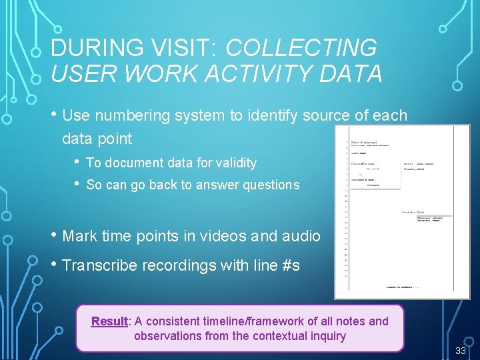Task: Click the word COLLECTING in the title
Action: [x=301, y=48]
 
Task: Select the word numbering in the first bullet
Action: [x=133, y=115]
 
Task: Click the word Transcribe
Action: [x=101, y=265]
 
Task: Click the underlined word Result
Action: [x=109, y=321]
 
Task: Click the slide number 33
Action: [x=460, y=351]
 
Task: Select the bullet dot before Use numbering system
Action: [x=54, y=115]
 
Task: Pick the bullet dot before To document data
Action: [x=79, y=162]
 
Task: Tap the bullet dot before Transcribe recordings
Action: [x=54, y=265]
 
